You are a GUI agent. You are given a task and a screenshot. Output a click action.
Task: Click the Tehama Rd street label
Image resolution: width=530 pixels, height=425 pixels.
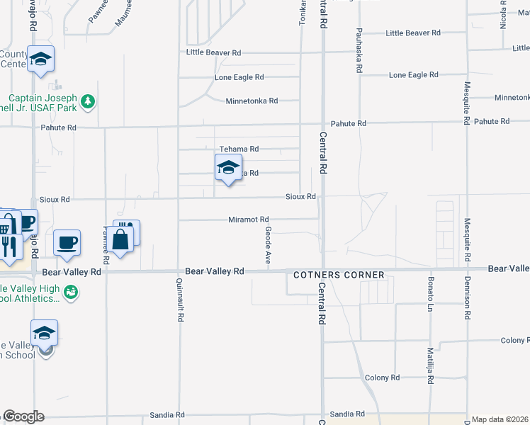click(x=239, y=149)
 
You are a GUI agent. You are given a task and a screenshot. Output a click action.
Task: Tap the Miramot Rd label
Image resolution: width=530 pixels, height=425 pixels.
click(x=248, y=220)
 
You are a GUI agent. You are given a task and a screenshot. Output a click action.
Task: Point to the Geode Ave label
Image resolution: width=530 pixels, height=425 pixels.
click(x=269, y=246)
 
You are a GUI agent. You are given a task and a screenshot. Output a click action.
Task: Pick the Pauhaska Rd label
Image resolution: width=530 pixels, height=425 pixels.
click(x=360, y=51)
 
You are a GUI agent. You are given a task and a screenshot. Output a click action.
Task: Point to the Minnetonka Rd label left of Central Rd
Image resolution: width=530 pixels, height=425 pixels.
click(x=252, y=101)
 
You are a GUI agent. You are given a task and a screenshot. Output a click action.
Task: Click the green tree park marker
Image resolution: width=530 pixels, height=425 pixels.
click(x=88, y=101)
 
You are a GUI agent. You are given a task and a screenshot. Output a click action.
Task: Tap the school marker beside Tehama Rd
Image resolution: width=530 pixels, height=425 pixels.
click(x=227, y=169)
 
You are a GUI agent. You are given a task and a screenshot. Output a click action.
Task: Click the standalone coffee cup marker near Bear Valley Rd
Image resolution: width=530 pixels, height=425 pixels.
click(x=68, y=243)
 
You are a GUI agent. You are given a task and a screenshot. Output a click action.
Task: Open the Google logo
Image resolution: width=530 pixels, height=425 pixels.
click(x=23, y=416)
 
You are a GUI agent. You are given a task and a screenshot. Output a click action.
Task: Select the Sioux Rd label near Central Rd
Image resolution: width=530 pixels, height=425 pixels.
click(x=300, y=195)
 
